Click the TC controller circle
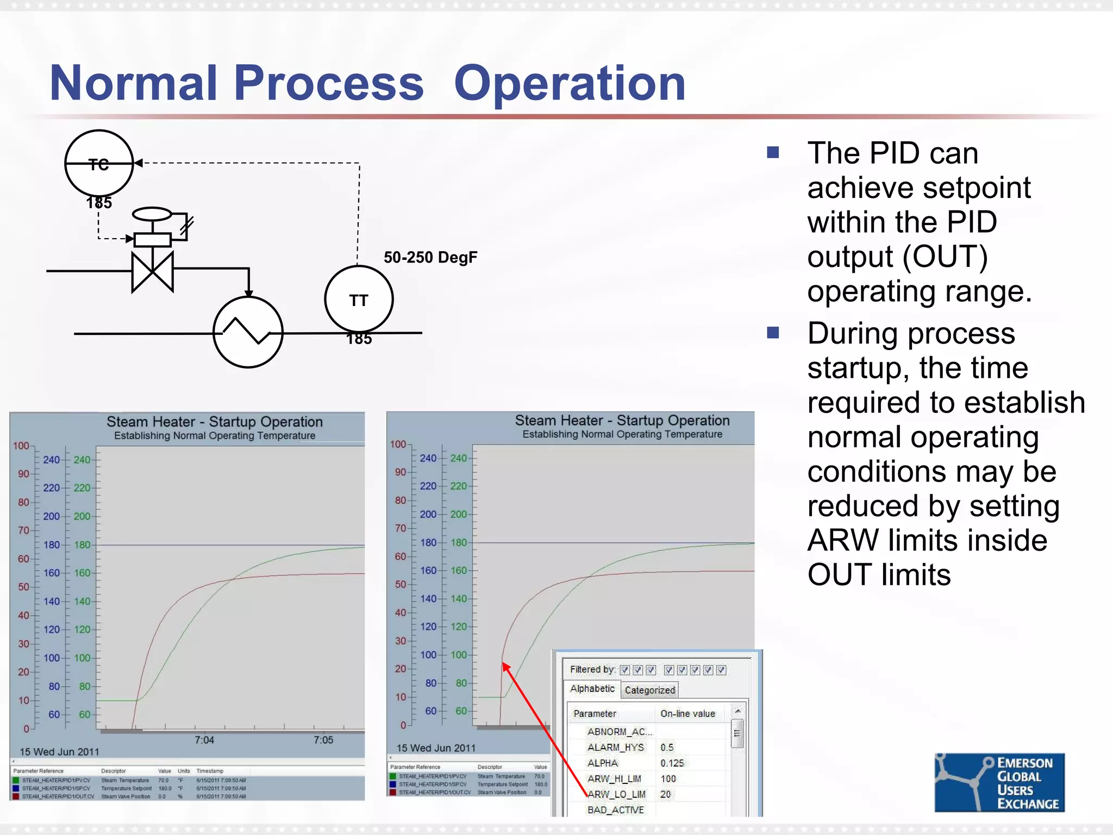[x=99, y=163]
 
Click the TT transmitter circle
[x=359, y=300]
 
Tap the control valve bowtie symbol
[x=153, y=271]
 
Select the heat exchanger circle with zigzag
[x=248, y=332]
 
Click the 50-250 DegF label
[x=430, y=257]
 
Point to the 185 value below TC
[x=99, y=203]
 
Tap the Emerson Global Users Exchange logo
[x=999, y=782]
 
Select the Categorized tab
[x=649, y=690]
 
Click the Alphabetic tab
[x=592, y=688]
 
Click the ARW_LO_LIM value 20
[x=665, y=794]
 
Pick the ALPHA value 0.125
[x=672, y=763]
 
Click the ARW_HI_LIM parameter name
[x=614, y=778]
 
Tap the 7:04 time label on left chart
[x=204, y=740]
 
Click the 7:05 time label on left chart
[x=323, y=740]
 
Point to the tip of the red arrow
[x=503, y=663]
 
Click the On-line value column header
[x=687, y=713]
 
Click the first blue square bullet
[x=773, y=152]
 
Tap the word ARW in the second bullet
[x=843, y=540]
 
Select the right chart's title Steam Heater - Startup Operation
[x=622, y=420]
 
